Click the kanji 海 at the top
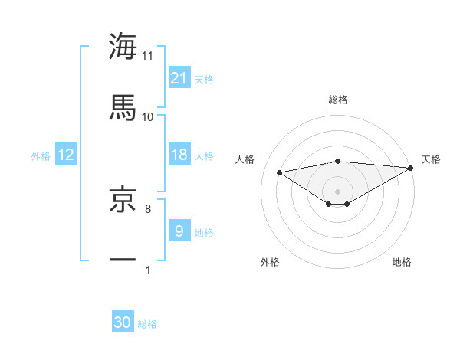click(x=123, y=46)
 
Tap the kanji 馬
click(x=123, y=107)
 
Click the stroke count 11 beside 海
click(x=148, y=55)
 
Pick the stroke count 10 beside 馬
click(x=148, y=116)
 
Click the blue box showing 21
click(x=179, y=77)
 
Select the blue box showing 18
click(x=179, y=155)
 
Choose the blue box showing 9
click(x=179, y=231)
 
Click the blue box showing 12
click(x=66, y=155)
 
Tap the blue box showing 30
click(x=123, y=322)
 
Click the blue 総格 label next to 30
click(x=148, y=324)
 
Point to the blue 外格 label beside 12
click(x=41, y=156)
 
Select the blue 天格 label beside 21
click(x=204, y=79)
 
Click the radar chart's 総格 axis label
click(x=338, y=100)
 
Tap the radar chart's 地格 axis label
click(x=402, y=262)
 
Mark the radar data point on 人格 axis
click(x=280, y=172)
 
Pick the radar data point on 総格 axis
click(x=338, y=161)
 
